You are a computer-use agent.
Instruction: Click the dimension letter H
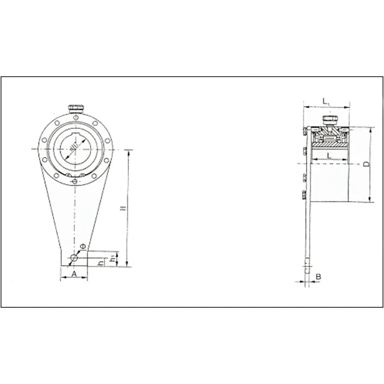pyautogui.click(x=122, y=208)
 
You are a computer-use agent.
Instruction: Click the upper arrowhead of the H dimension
pyautogui.click(x=128, y=151)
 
